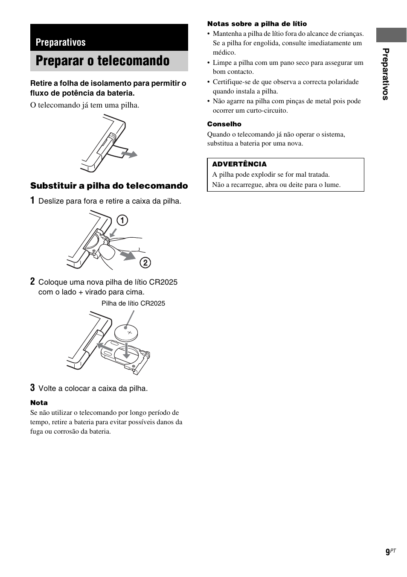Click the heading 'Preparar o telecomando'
click(102, 61)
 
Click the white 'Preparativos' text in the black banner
click(61, 42)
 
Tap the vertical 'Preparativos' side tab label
click(386, 74)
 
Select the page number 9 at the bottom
click(388, 552)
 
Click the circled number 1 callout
click(122, 220)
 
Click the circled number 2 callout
click(145, 262)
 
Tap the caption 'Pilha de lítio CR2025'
click(133, 303)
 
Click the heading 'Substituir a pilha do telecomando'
click(109, 186)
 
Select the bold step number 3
click(32, 388)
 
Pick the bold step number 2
click(32, 281)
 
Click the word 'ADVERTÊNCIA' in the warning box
click(239, 164)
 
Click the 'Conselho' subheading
click(224, 124)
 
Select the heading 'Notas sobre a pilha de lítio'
click(257, 24)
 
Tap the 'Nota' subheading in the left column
click(39, 402)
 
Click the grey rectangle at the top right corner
click(391, 35)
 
